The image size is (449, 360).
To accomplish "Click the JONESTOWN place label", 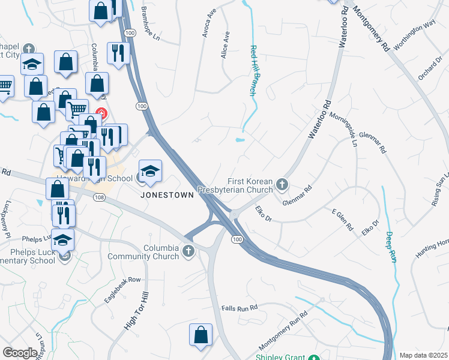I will pos(167,195).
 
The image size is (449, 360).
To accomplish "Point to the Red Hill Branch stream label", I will pos(253,71).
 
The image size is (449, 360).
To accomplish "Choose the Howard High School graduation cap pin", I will pos(150,171).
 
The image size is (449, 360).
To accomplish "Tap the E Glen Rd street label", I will pos(345,221).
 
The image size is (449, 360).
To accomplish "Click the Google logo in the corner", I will pos(20,353).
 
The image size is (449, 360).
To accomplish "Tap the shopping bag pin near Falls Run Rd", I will pos(200,335).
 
